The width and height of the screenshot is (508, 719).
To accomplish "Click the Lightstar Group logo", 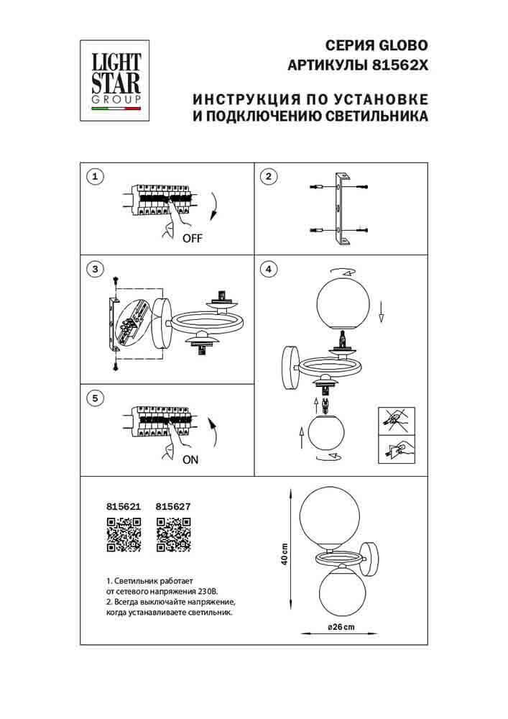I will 114,79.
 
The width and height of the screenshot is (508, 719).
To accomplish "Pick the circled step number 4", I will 268,270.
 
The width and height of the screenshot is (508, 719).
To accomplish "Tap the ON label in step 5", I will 190,461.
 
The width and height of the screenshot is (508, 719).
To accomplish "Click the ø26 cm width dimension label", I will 341,628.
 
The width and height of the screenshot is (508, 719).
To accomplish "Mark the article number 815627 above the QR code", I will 173,506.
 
